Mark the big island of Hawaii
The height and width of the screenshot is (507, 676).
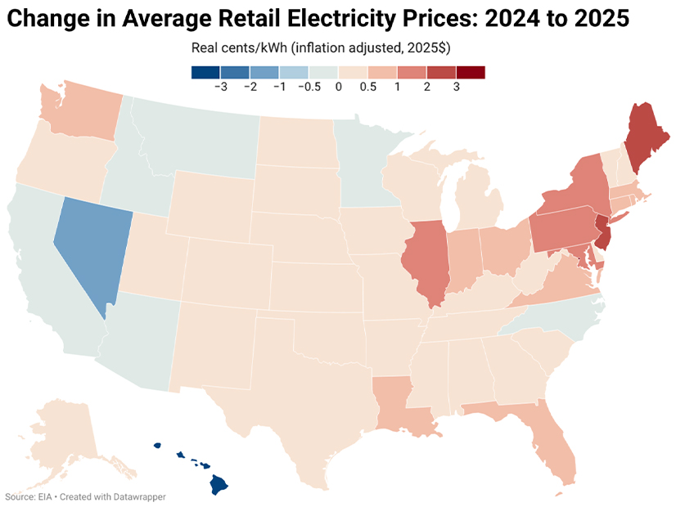[x=219, y=484]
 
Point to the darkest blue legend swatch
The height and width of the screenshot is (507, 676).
[x=205, y=72]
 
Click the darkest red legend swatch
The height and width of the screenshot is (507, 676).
[x=471, y=72]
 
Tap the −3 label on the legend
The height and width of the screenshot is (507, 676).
[x=220, y=87]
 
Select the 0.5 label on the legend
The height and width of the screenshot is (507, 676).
[x=368, y=87]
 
